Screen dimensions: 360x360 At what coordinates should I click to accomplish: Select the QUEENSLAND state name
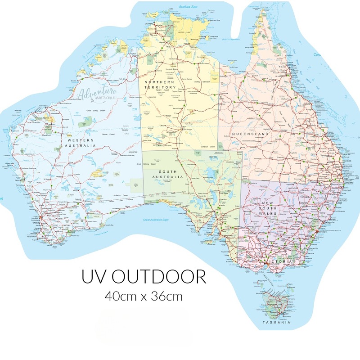[x=250, y=134]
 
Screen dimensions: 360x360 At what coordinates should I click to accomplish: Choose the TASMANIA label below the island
[x=276, y=323]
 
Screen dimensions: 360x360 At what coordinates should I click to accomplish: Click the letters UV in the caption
[x=93, y=277]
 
